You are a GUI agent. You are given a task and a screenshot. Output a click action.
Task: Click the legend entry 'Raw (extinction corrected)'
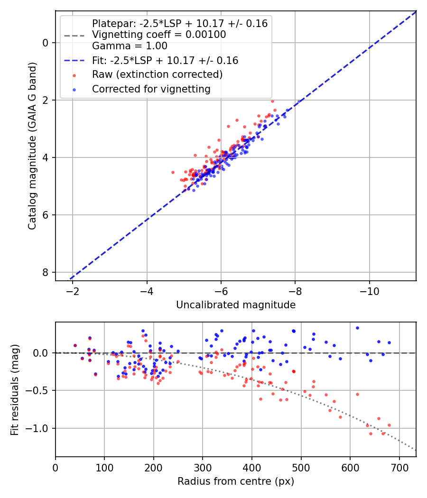157,74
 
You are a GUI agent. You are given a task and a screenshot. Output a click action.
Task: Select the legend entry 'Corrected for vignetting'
151,89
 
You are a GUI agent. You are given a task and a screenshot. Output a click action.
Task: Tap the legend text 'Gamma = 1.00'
130,46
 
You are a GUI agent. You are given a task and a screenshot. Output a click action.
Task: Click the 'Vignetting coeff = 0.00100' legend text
159,35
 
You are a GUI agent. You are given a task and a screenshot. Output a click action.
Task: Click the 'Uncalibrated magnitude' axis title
236,305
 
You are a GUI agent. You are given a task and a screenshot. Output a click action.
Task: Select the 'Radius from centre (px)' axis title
236,481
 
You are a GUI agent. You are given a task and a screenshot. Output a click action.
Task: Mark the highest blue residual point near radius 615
357,328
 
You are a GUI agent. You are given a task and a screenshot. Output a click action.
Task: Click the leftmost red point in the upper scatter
173,172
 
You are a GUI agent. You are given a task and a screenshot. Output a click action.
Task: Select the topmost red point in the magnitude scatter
272,101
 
